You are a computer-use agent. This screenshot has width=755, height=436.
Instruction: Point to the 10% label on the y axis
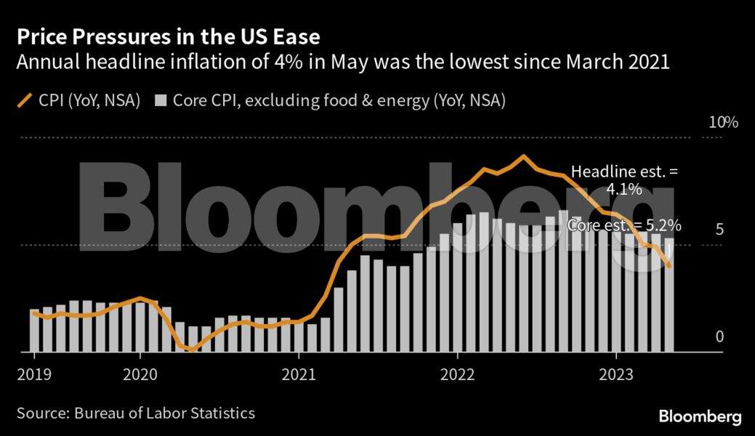[723, 123]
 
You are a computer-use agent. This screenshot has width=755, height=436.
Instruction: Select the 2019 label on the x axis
[33, 375]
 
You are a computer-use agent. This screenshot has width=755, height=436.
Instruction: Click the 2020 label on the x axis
[140, 375]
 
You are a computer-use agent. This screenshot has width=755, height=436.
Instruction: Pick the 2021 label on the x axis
[299, 375]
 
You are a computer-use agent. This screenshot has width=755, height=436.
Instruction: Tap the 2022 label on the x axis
[458, 375]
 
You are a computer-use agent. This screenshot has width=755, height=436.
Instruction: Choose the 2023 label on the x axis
[616, 375]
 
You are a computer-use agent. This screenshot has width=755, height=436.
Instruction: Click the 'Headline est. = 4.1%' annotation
[624, 181]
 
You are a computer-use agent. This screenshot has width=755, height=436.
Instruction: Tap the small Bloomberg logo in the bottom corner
[700, 417]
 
